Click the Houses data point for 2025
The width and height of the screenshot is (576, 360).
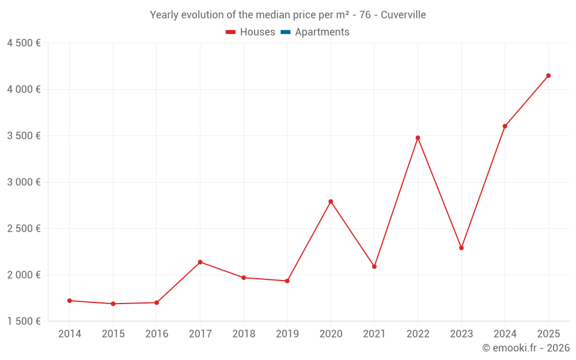(548, 75)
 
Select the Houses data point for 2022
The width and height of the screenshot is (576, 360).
(418, 138)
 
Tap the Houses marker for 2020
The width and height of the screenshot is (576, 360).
(331, 202)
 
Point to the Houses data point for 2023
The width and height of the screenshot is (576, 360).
(461, 248)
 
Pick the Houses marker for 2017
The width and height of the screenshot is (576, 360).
(200, 262)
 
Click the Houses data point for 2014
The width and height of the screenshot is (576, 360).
(70, 301)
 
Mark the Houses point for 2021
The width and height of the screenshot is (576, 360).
(374, 267)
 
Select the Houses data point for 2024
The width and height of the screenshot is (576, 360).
(505, 126)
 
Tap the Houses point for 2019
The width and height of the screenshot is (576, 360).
(287, 281)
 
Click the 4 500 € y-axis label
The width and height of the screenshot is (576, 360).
(24, 43)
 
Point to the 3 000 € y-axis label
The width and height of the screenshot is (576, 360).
(24, 182)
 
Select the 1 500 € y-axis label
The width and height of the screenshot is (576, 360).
(24, 321)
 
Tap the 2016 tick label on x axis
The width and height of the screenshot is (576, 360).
(157, 334)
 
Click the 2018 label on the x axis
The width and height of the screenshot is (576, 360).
(244, 334)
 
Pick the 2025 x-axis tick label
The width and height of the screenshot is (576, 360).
(548, 334)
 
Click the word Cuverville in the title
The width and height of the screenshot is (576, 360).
(403, 15)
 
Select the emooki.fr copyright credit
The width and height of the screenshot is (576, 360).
(526, 348)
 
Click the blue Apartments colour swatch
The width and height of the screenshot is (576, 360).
(285, 32)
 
